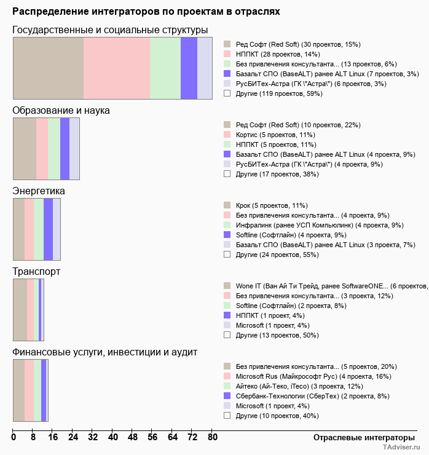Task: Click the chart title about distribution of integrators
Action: (x=146, y=12)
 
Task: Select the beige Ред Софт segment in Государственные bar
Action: (x=48, y=68)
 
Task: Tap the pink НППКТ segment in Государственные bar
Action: (x=117, y=68)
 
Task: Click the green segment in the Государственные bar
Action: (x=165, y=68)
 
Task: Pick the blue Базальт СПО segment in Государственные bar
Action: (x=189, y=68)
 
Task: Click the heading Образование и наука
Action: (x=61, y=111)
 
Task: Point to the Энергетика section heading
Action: (x=39, y=191)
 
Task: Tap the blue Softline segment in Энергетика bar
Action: (x=48, y=229)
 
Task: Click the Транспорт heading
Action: (x=36, y=271)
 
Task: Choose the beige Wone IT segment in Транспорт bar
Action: (x=20, y=309)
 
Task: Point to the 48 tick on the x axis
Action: (x=133, y=437)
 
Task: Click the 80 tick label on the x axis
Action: (x=212, y=437)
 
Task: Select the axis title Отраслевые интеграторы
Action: (x=360, y=437)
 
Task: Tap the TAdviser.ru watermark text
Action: (x=401, y=448)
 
